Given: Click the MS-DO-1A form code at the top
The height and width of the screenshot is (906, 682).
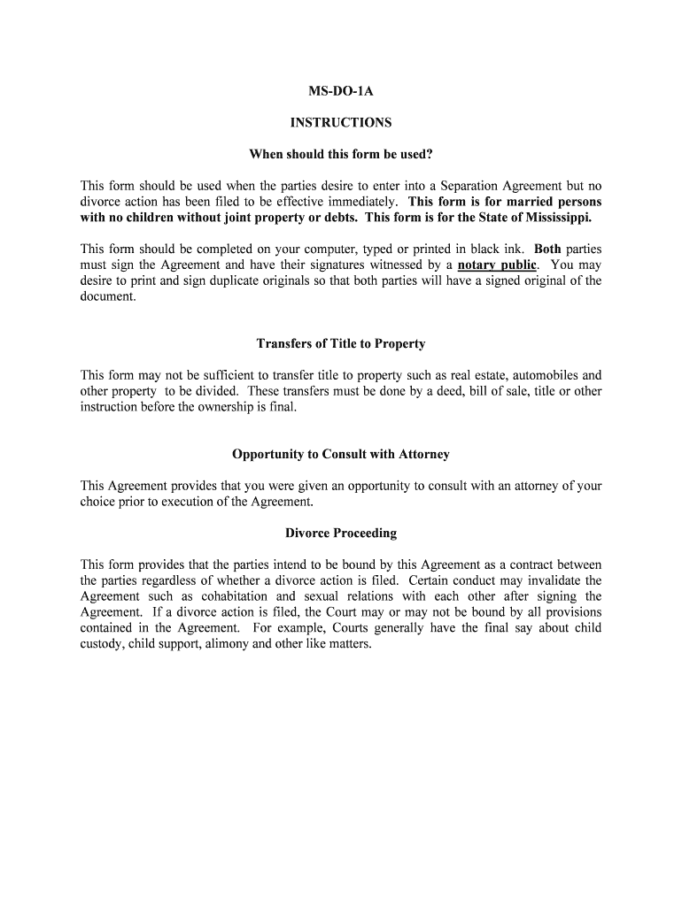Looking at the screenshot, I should [x=341, y=90].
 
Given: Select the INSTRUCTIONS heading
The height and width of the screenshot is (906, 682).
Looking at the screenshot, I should [x=341, y=123].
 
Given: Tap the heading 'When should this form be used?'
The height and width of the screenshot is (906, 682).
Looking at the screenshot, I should [x=341, y=155].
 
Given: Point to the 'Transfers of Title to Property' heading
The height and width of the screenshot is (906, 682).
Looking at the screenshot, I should [x=341, y=343].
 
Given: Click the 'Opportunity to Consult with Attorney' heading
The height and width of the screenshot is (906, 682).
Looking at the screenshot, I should [x=341, y=454].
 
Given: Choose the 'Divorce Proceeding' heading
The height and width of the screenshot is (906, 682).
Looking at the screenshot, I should [x=341, y=533].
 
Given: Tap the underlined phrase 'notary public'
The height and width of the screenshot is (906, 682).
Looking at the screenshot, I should [x=497, y=265].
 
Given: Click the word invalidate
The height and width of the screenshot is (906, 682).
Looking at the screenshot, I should [x=544, y=580].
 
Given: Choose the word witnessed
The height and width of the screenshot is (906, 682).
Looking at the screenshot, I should [x=399, y=265].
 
